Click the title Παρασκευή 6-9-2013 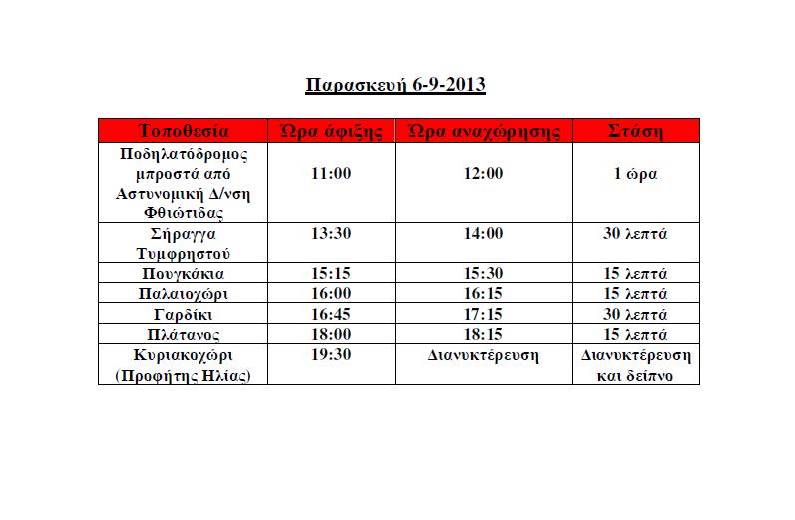pos(395,84)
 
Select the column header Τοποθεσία pos(185,131)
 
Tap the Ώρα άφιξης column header pos(332,131)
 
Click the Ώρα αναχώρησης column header pos(484,131)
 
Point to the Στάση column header pos(635,131)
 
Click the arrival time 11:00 pos(332,173)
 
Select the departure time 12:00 pos(484,173)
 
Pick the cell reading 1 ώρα pos(635,173)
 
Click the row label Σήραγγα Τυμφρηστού pos(185,243)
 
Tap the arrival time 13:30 pos(332,234)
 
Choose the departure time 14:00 pos(484,234)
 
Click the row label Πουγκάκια pos(185,273)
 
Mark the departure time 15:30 pos(484,273)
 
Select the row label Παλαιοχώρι pos(185,294)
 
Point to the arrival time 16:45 pos(332,314)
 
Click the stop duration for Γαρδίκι pos(635,314)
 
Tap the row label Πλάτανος pos(185,335)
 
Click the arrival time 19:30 pos(332,355)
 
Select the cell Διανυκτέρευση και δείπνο pos(635,364)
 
